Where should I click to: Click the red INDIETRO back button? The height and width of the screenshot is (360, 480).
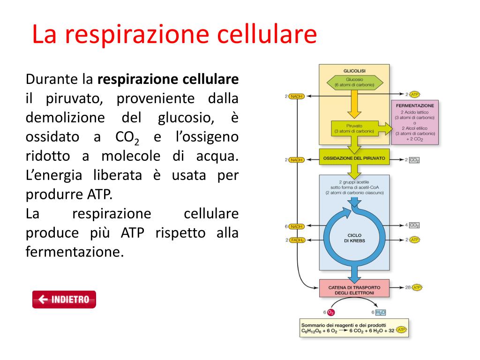click(x=64, y=300)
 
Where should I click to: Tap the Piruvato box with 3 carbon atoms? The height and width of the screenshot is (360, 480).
click(x=354, y=128)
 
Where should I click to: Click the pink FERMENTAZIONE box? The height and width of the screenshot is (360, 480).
click(x=415, y=122)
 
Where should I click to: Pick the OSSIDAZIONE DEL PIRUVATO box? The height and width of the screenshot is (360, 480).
click(x=354, y=158)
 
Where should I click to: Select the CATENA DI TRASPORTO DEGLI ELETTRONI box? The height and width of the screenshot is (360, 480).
click(x=354, y=290)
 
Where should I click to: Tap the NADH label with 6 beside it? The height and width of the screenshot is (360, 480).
click(x=296, y=226)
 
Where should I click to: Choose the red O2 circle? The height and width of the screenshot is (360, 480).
click(x=331, y=312)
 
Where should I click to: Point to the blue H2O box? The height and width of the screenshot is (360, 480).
click(x=380, y=312)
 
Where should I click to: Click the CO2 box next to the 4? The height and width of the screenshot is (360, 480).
click(x=414, y=225)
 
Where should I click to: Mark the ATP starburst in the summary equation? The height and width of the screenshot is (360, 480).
click(x=401, y=330)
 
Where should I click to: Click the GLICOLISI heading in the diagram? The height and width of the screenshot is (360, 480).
click(x=354, y=70)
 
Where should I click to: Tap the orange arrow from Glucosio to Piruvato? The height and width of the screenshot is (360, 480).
click(x=354, y=107)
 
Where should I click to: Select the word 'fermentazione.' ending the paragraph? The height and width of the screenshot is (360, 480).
click(x=75, y=252)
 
